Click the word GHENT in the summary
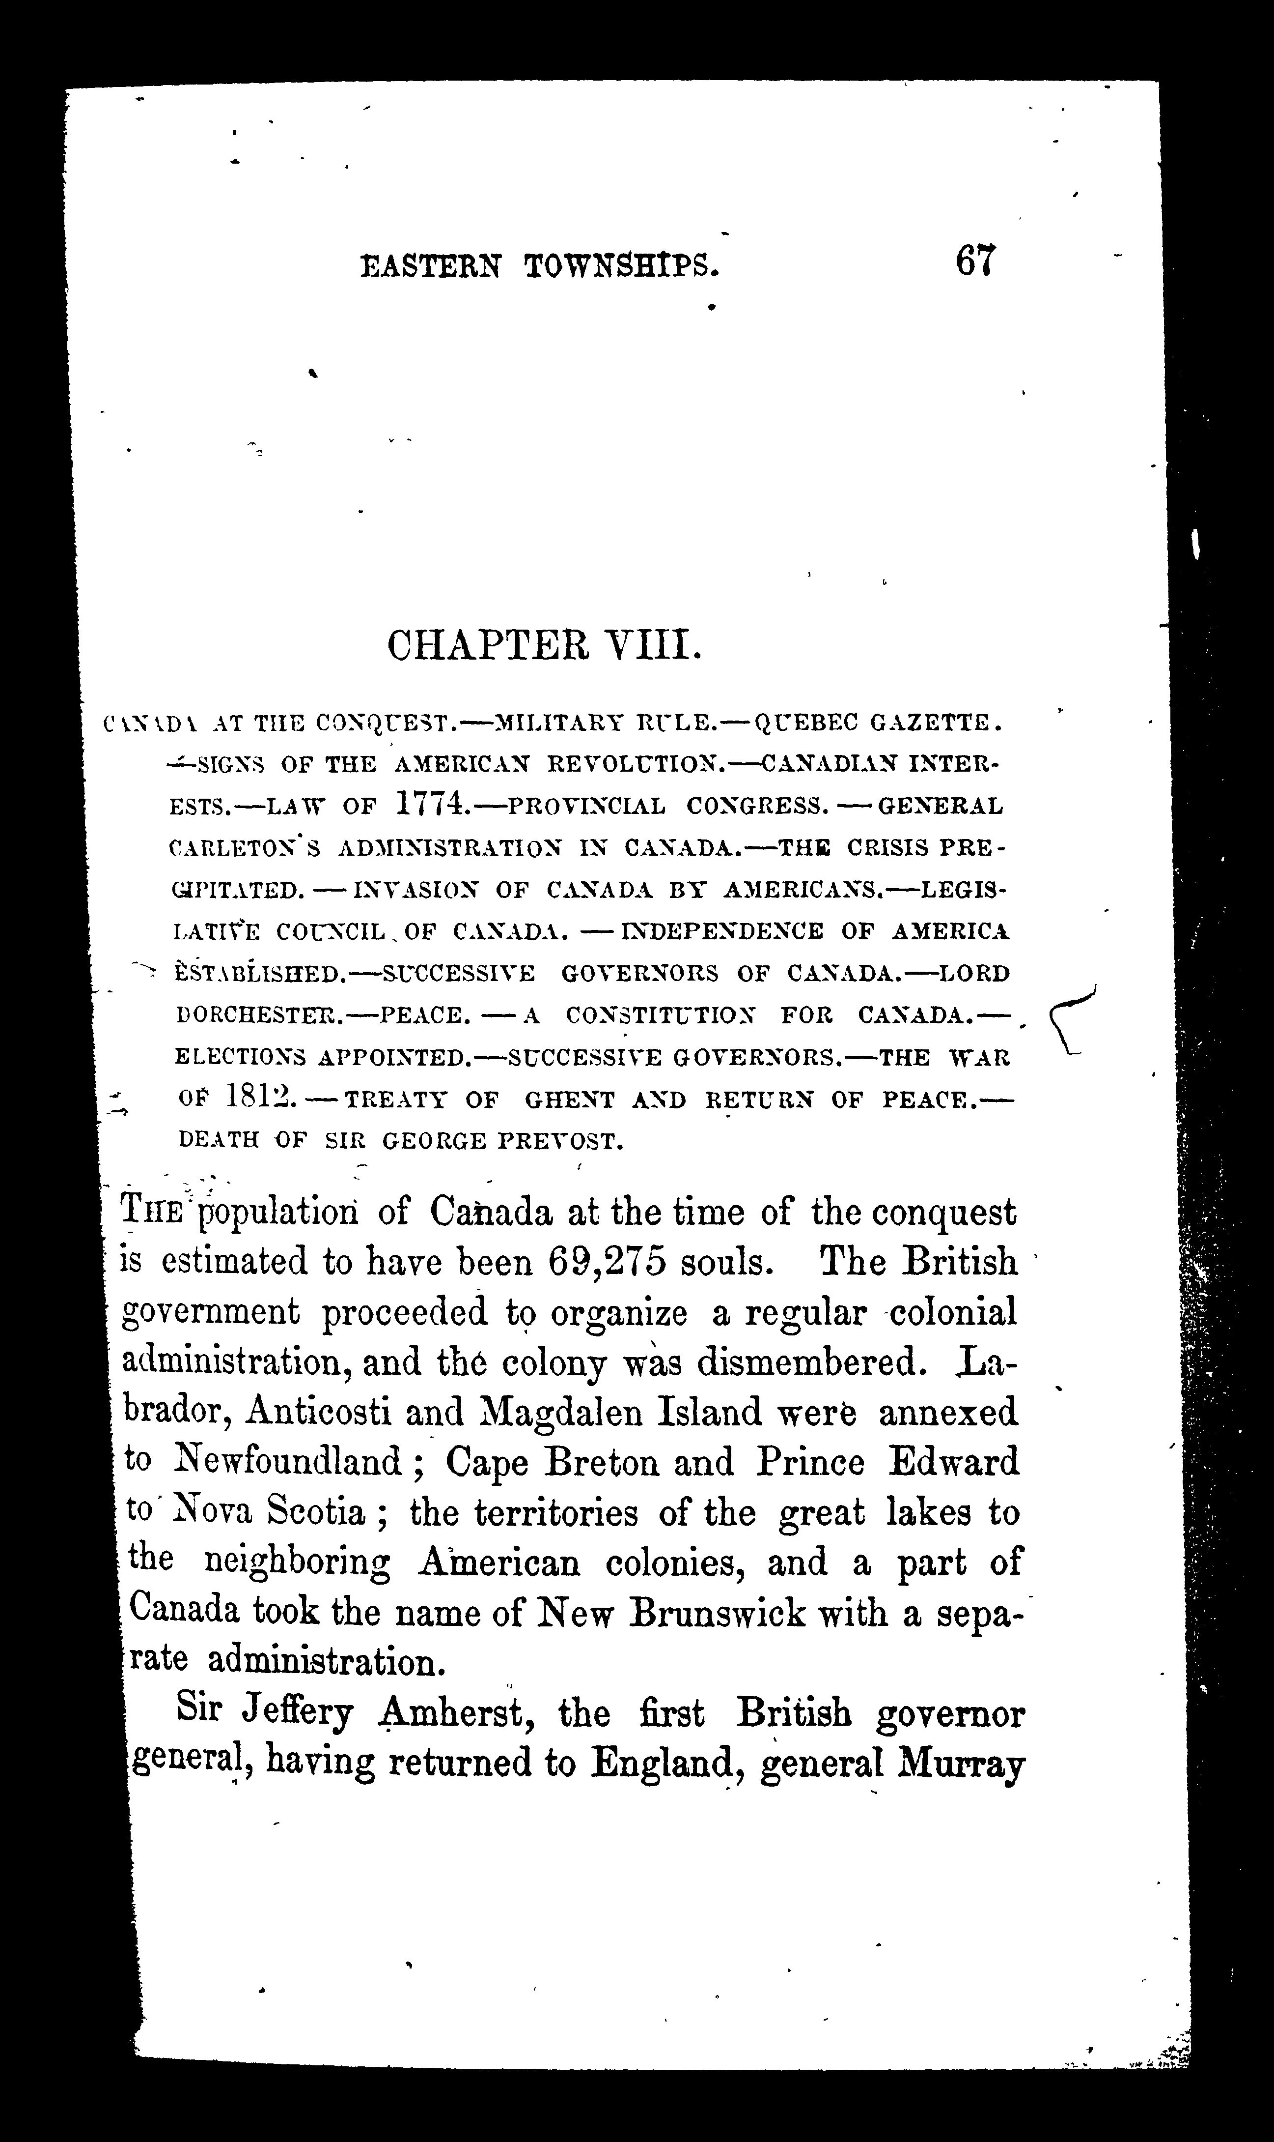pos(571,1100)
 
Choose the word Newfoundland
pos(288,1462)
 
